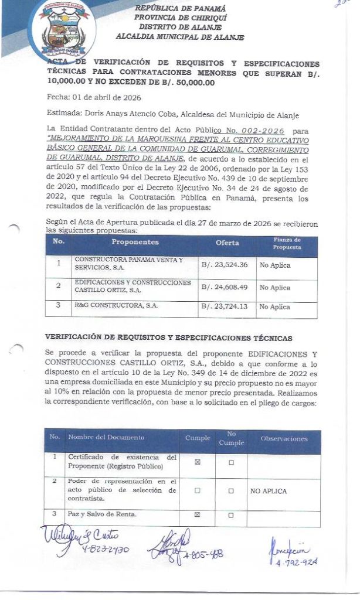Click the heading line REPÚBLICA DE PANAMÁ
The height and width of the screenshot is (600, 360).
179,8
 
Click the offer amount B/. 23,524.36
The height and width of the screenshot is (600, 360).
225,265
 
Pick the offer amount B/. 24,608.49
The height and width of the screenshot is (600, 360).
225,287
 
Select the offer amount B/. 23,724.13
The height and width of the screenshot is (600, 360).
225,306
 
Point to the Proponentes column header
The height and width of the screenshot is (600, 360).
135,242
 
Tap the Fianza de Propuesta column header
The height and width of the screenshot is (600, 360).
287,243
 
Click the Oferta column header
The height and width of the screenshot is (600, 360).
227,242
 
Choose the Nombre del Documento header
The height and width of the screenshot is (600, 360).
106,438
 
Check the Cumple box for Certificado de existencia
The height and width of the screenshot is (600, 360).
197,462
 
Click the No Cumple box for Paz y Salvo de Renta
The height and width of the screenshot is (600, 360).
231,515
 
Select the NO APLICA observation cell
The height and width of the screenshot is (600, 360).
269,491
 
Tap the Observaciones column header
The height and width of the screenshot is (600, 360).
284,438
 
